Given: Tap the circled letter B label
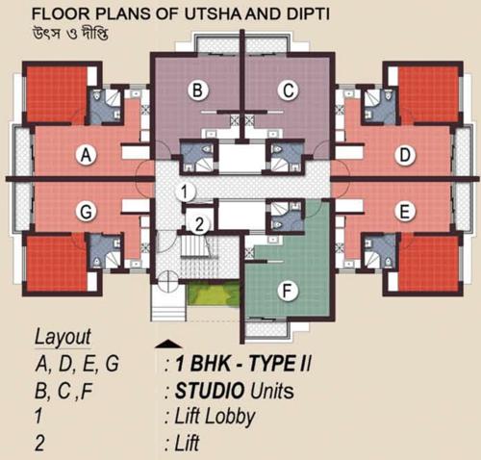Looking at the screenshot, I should click(198, 91).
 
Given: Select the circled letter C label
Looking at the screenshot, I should click(286, 91).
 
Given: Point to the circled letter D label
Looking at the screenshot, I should click(406, 155).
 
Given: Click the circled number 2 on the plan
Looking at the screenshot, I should click(196, 225).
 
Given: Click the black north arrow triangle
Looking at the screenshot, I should click(167, 343).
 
